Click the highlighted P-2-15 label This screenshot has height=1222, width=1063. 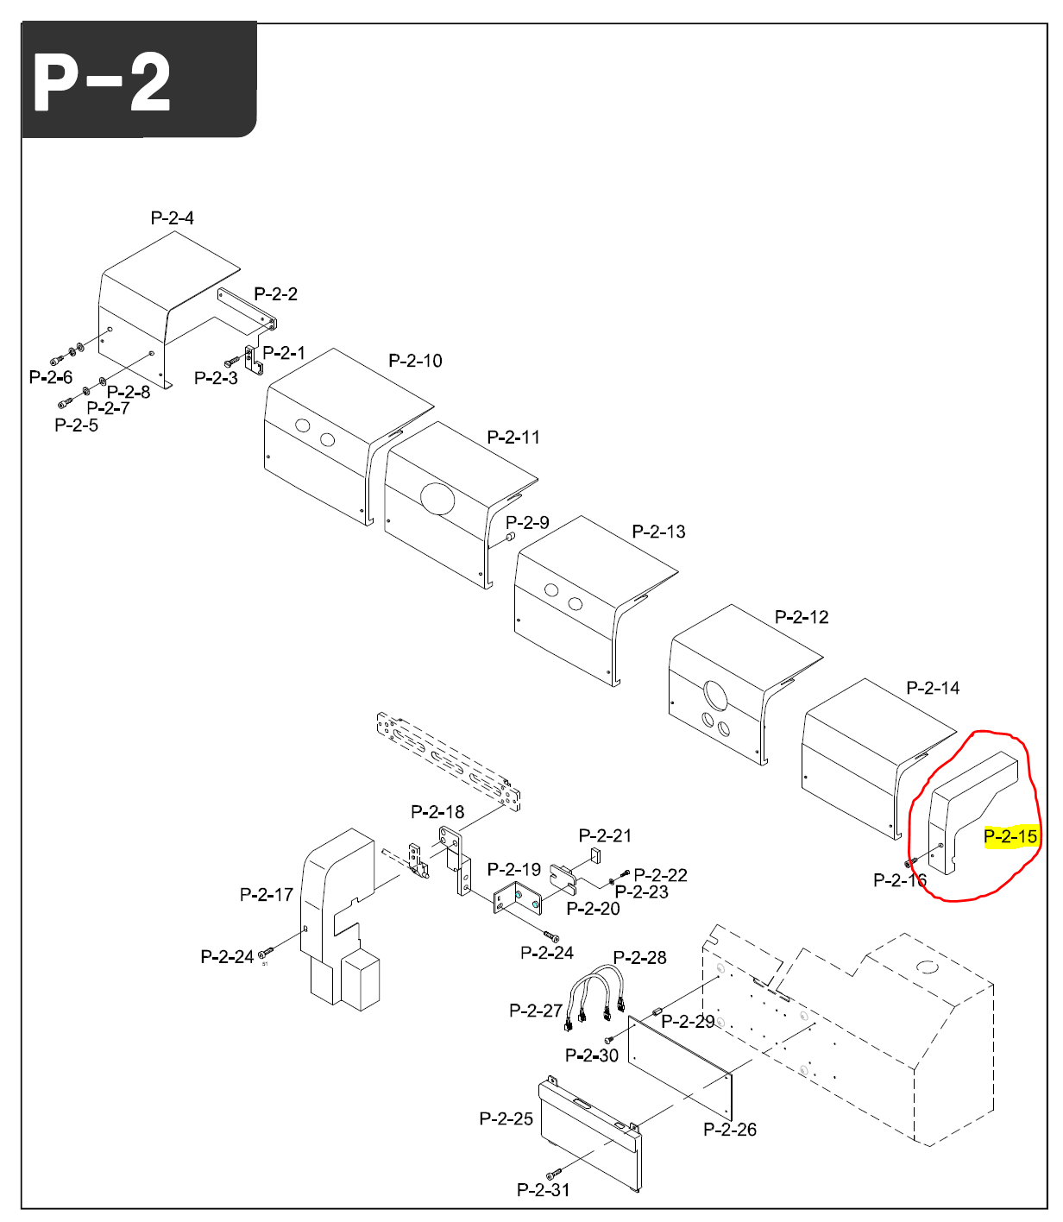tap(1010, 836)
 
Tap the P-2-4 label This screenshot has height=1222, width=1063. tap(172, 218)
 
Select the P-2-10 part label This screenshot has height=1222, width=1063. tap(415, 361)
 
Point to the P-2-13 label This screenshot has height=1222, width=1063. tap(658, 532)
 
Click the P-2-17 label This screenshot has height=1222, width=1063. tap(266, 895)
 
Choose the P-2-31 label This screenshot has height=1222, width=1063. tap(543, 1190)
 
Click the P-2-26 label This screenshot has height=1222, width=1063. tap(729, 1130)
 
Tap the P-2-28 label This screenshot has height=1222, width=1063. tap(639, 958)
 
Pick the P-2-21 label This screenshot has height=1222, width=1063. tap(605, 835)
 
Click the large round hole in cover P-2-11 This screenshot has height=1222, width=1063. tap(437, 497)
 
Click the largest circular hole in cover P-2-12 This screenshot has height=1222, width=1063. tap(715, 695)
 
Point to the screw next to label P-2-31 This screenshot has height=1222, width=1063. tap(554, 1174)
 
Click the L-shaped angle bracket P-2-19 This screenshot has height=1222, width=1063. tap(515, 898)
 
